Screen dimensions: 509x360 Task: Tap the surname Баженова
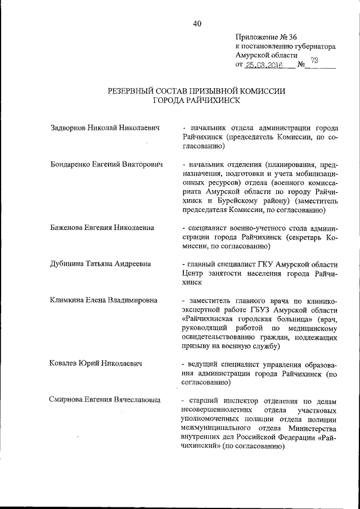tap(66, 228)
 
